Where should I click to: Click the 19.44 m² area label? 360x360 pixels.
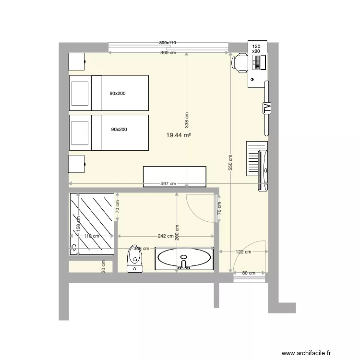[x=179, y=136]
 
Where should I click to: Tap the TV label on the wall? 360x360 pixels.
[x=267, y=108]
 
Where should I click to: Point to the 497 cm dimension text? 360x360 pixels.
[x=168, y=184]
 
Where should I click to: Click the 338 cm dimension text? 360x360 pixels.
[x=187, y=120]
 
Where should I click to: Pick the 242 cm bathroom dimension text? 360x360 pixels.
[x=165, y=236]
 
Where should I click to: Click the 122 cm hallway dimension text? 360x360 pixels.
[x=243, y=252]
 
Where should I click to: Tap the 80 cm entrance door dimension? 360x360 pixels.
[x=248, y=274]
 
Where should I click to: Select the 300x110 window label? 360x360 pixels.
[x=168, y=43]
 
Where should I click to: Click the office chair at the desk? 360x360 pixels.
[x=239, y=63]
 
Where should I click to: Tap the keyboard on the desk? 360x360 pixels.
[x=260, y=62]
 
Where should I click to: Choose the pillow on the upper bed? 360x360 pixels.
[x=80, y=93]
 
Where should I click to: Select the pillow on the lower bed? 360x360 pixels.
[x=80, y=132]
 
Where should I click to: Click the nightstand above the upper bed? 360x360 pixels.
[x=77, y=61]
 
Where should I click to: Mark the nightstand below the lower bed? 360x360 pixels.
[x=77, y=164]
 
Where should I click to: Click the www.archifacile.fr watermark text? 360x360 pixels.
[x=307, y=353]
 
